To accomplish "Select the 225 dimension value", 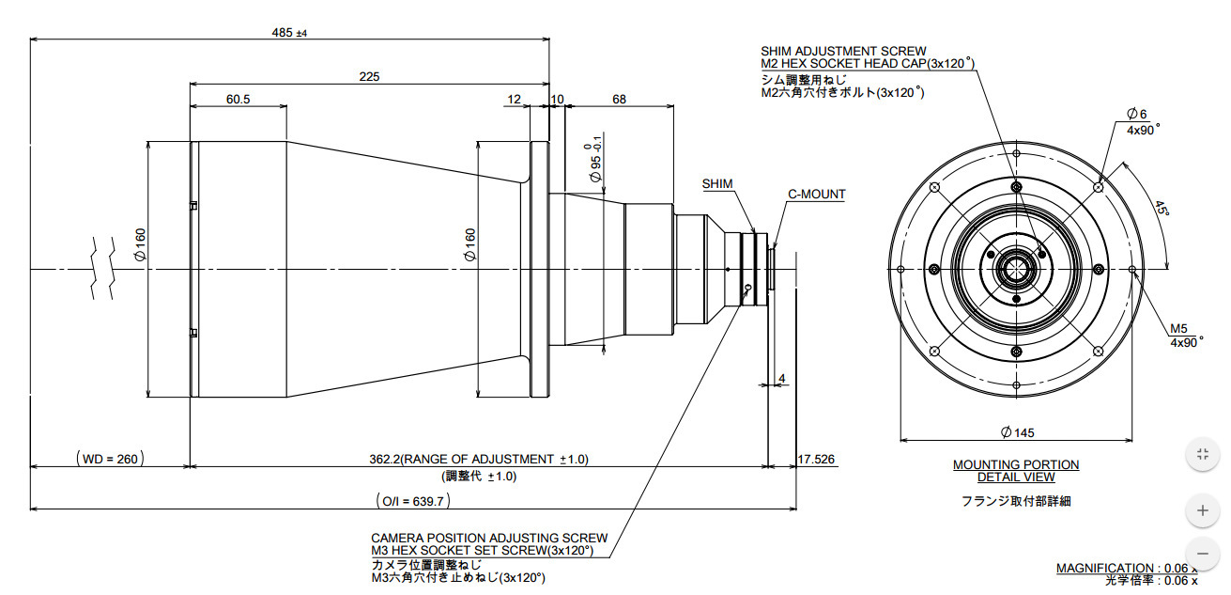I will pyautogui.click(x=369, y=77).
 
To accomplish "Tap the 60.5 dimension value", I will pyautogui.click(x=238, y=100).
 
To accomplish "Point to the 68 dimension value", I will pyautogui.click(x=619, y=100).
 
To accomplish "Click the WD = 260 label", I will pyautogui.click(x=110, y=459).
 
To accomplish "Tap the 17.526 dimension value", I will pyautogui.click(x=816, y=459).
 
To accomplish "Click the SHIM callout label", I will pyautogui.click(x=717, y=184).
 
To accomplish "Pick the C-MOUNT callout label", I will pyautogui.click(x=816, y=195).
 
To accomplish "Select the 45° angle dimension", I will pyautogui.click(x=1162, y=209).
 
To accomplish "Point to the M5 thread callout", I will pyautogui.click(x=1178, y=329).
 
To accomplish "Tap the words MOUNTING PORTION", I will pyautogui.click(x=1016, y=464).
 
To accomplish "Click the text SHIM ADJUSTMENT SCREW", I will pyautogui.click(x=843, y=51).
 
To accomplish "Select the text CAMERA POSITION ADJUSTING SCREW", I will pyautogui.click(x=489, y=538).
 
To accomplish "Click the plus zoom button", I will pyautogui.click(x=1202, y=511).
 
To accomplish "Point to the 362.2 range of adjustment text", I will pyautogui.click(x=479, y=459).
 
